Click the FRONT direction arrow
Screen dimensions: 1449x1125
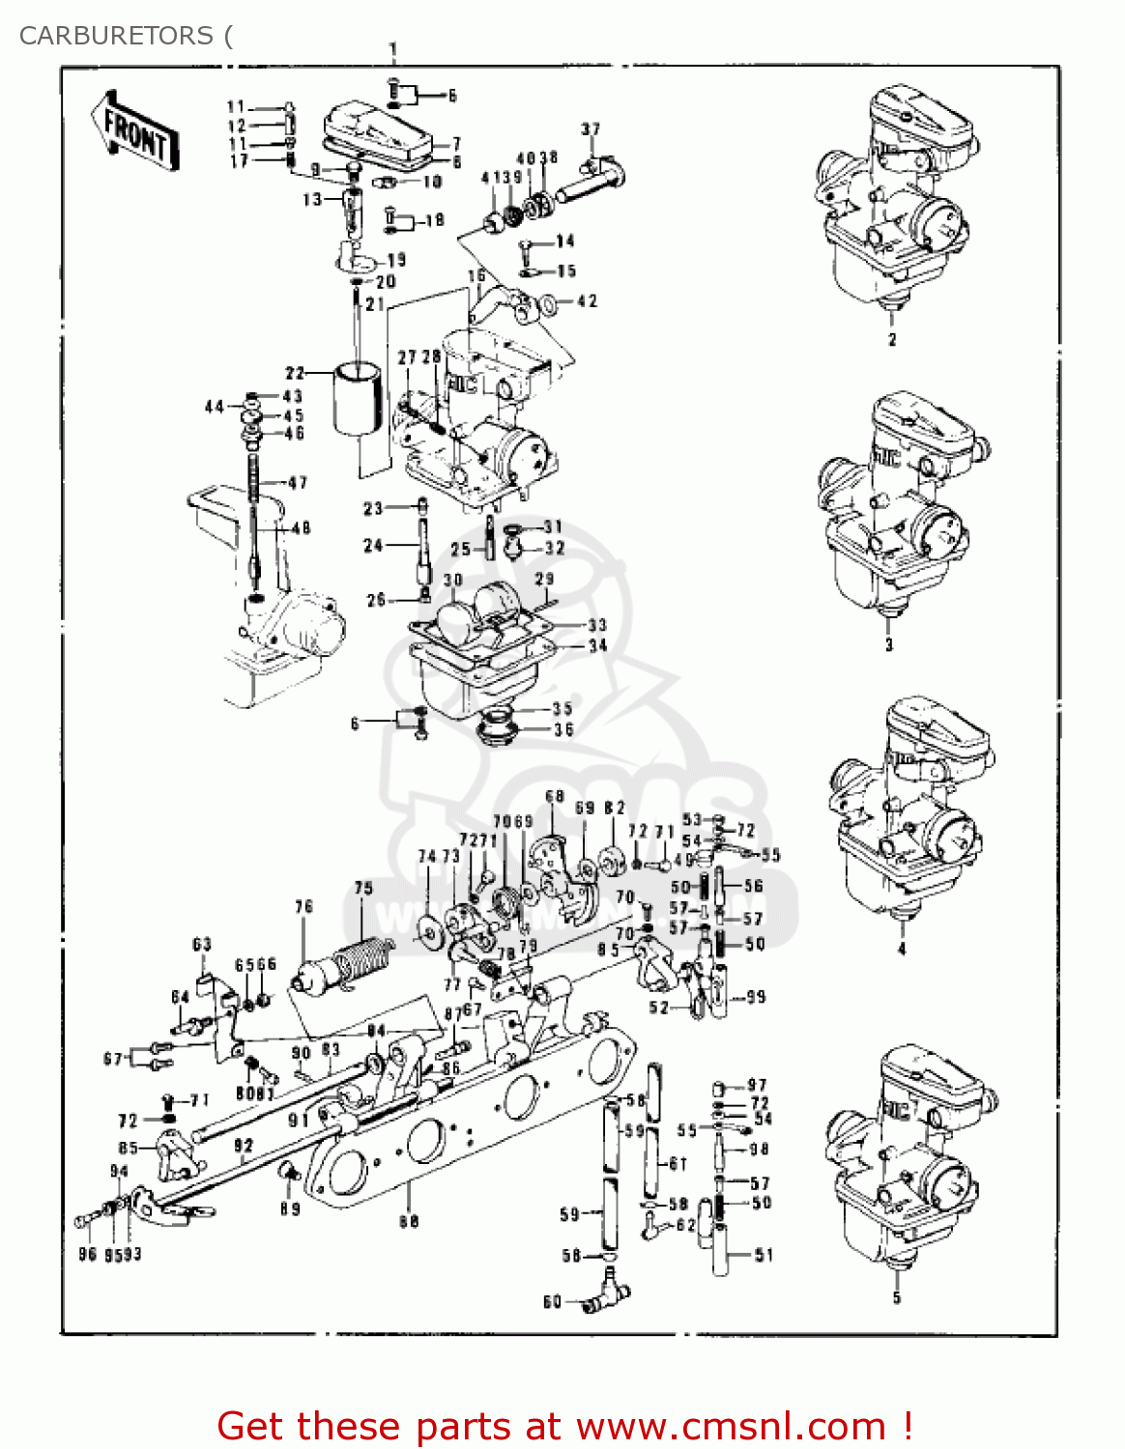pyautogui.click(x=135, y=131)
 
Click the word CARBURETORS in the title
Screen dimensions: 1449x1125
pyautogui.click(x=116, y=36)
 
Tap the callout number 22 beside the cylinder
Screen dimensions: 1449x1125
pyautogui.click(x=295, y=373)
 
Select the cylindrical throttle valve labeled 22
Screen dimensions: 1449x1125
pyautogui.click(x=359, y=399)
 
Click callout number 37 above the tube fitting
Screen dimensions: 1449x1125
pyautogui.click(x=591, y=128)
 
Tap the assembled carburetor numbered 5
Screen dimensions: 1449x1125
pyautogui.click(x=909, y=1159)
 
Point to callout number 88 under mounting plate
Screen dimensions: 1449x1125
pyautogui.click(x=409, y=1221)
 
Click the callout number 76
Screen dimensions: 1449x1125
pyautogui.click(x=304, y=906)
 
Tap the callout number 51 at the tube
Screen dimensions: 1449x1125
pyautogui.click(x=764, y=1255)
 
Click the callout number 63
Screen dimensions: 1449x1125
pyautogui.click(x=202, y=944)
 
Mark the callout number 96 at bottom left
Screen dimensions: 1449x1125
pyautogui.click(x=87, y=1254)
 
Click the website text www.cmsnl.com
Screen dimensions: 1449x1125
pyautogui.click(x=731, y=1426)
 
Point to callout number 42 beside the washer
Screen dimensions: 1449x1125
pyautogui.click(x=587, y=301)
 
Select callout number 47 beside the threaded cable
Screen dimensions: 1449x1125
pyautogui.click(x=298, y=482)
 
